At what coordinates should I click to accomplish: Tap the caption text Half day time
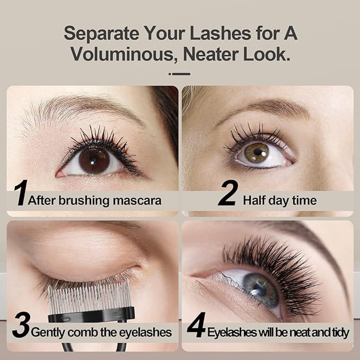(x=279, y=200)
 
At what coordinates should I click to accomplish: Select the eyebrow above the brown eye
(x=80, y=107)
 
